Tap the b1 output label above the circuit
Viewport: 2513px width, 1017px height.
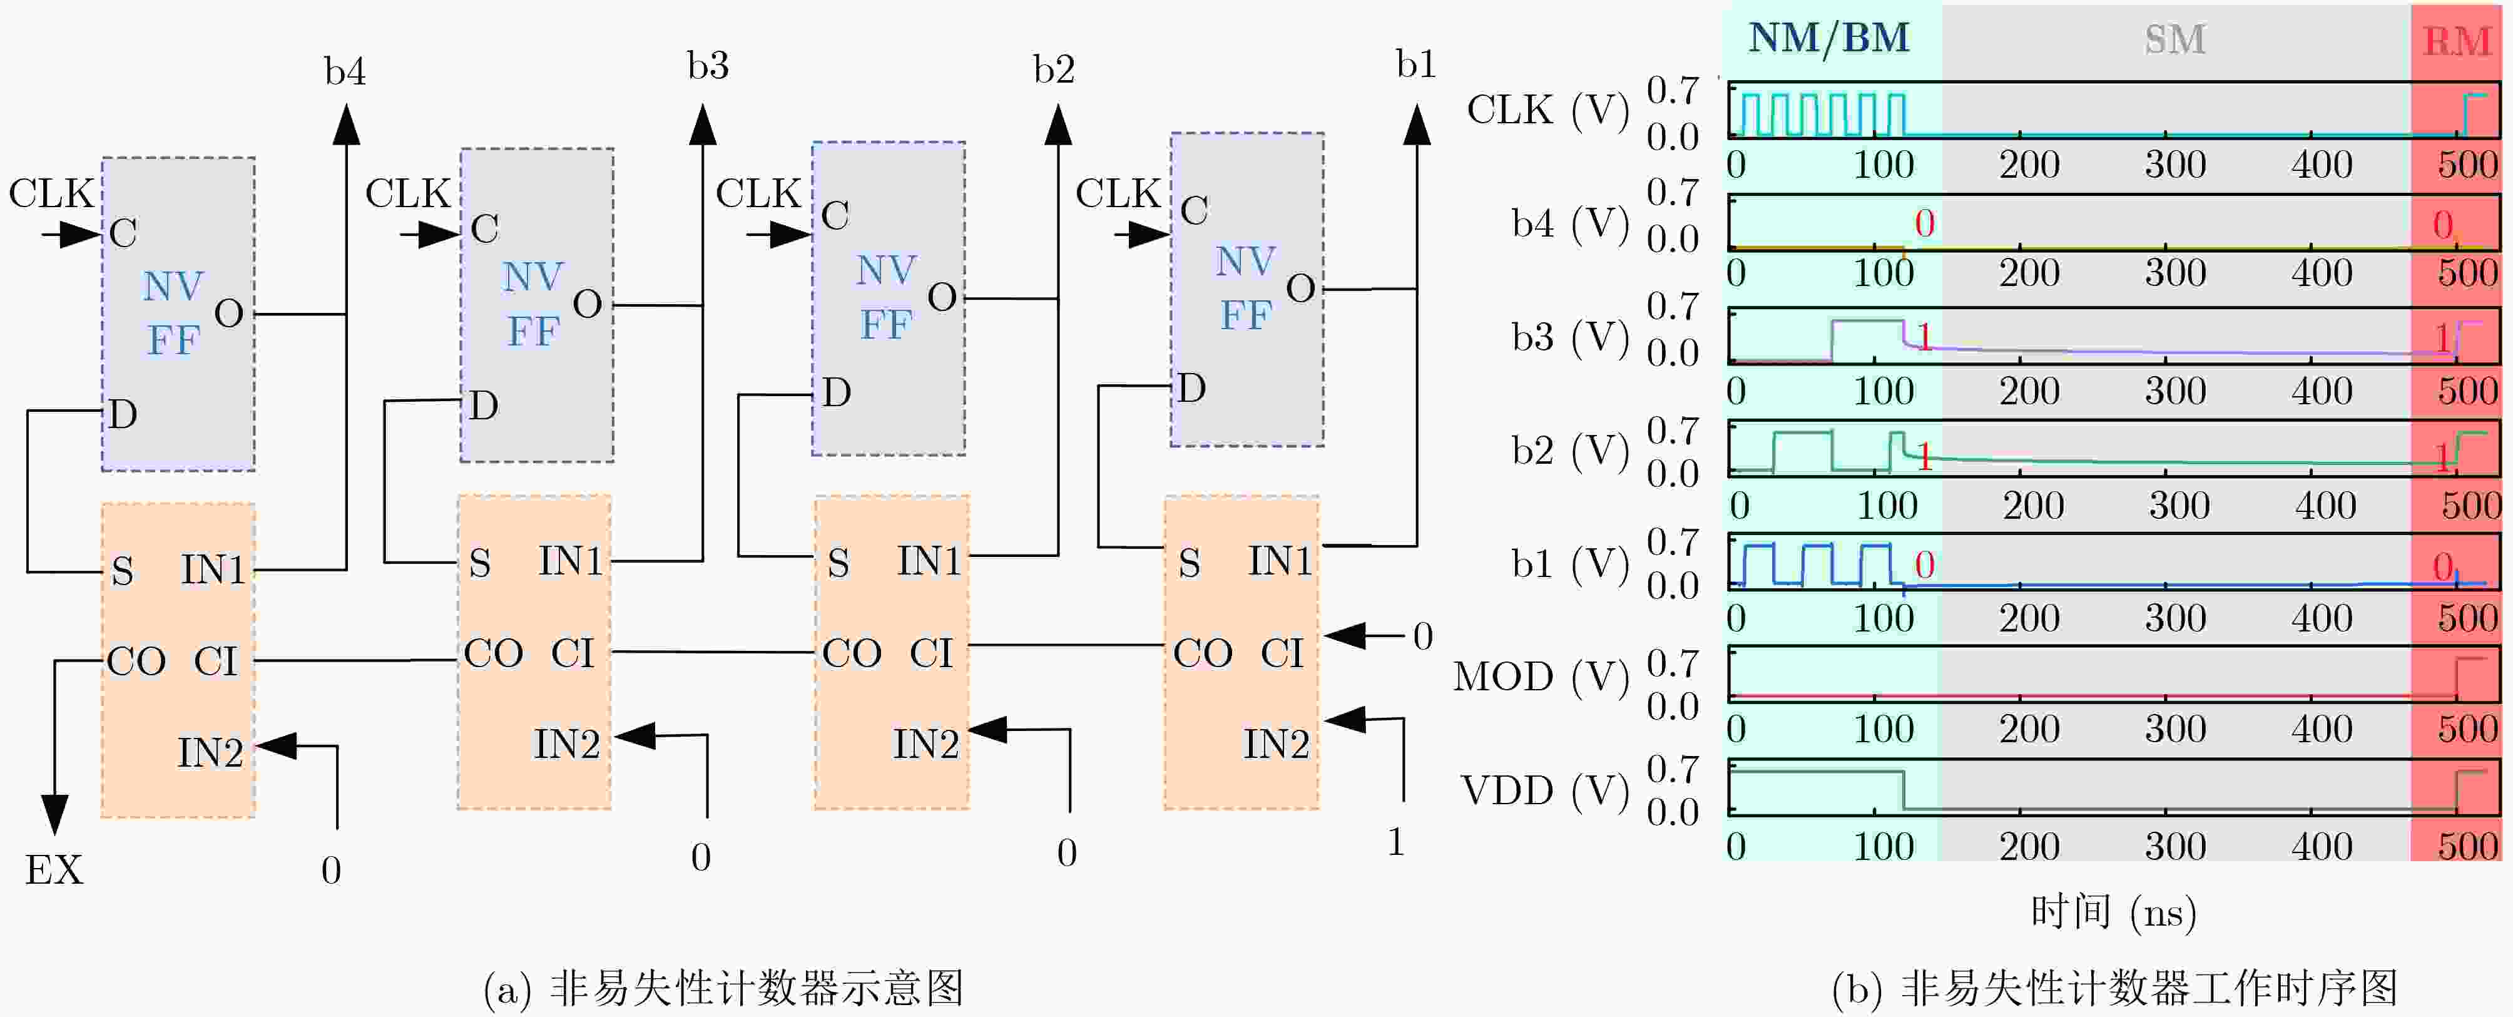click(x=1415, y=64)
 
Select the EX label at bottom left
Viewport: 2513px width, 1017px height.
click(x=54, y=870)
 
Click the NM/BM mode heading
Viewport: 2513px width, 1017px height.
click(x=1828, y=38)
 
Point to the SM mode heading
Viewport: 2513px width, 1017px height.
click(x=2174, y=39)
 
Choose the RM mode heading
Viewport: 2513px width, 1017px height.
click(x=2457, y=41)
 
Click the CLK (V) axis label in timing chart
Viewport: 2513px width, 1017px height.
click(x=1548, y=110)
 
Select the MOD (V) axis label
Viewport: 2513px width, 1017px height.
click(x=1541, y=677)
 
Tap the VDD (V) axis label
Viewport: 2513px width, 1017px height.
click(x=1545, y=790)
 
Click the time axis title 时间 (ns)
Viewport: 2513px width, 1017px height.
click(x=2113, y=912)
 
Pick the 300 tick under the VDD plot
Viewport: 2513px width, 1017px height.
click(x=2174, y=846)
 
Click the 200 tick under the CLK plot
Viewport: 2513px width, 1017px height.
click(x=2029, y=164)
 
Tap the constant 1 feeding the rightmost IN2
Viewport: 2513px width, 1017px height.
click(x=1396, y=841)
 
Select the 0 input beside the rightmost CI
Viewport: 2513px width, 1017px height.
click(x=1422, y=636)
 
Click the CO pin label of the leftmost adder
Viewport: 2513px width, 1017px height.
click(x=136, y=662)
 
